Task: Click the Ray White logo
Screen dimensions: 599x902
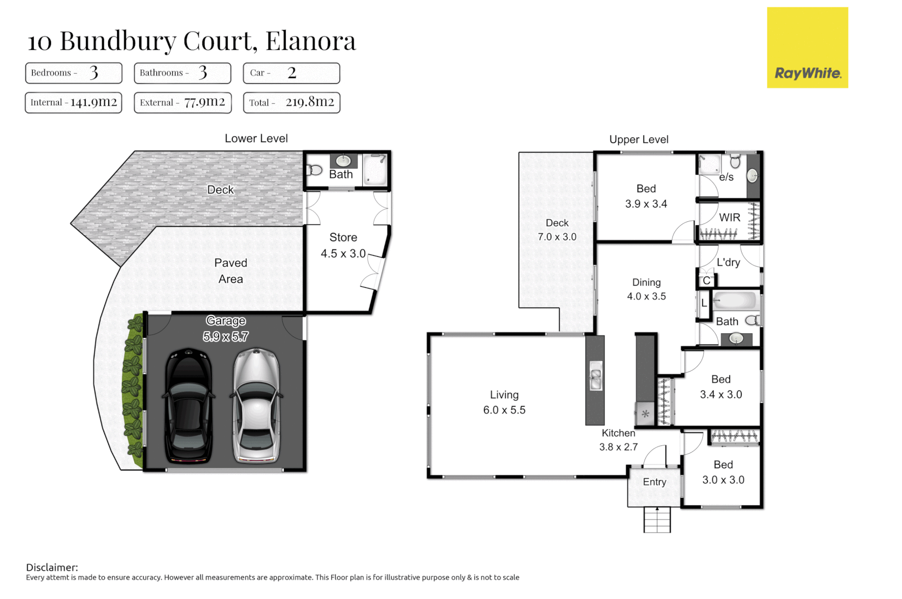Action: coord(807,48)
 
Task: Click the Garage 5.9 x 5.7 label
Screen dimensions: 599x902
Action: coord(226,328)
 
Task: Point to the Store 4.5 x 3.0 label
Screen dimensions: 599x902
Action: coord(343,245)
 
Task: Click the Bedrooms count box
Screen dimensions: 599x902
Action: coord(73,73)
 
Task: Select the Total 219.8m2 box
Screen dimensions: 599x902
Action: coord(291,103)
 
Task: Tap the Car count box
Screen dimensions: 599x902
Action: coord(291,73)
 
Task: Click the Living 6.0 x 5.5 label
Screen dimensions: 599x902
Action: coord(504,402)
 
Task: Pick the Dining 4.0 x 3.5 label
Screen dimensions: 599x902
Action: coord(646,289)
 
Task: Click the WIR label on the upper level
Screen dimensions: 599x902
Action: coord(729,217)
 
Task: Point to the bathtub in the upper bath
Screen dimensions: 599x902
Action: coord(735,301)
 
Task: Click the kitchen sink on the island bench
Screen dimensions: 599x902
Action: coord(595,376)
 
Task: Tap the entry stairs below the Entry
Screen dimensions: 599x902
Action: coord(657,520)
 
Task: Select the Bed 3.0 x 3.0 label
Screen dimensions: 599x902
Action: coord(723,472)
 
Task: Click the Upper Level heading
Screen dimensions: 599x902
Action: coord(639,140)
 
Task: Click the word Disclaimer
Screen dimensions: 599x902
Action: coord(52,567)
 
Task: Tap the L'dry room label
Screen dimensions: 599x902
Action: coord(728,262)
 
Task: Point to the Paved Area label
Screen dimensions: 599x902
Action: coord(231,271)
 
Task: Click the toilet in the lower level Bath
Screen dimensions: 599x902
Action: coord(315,170)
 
